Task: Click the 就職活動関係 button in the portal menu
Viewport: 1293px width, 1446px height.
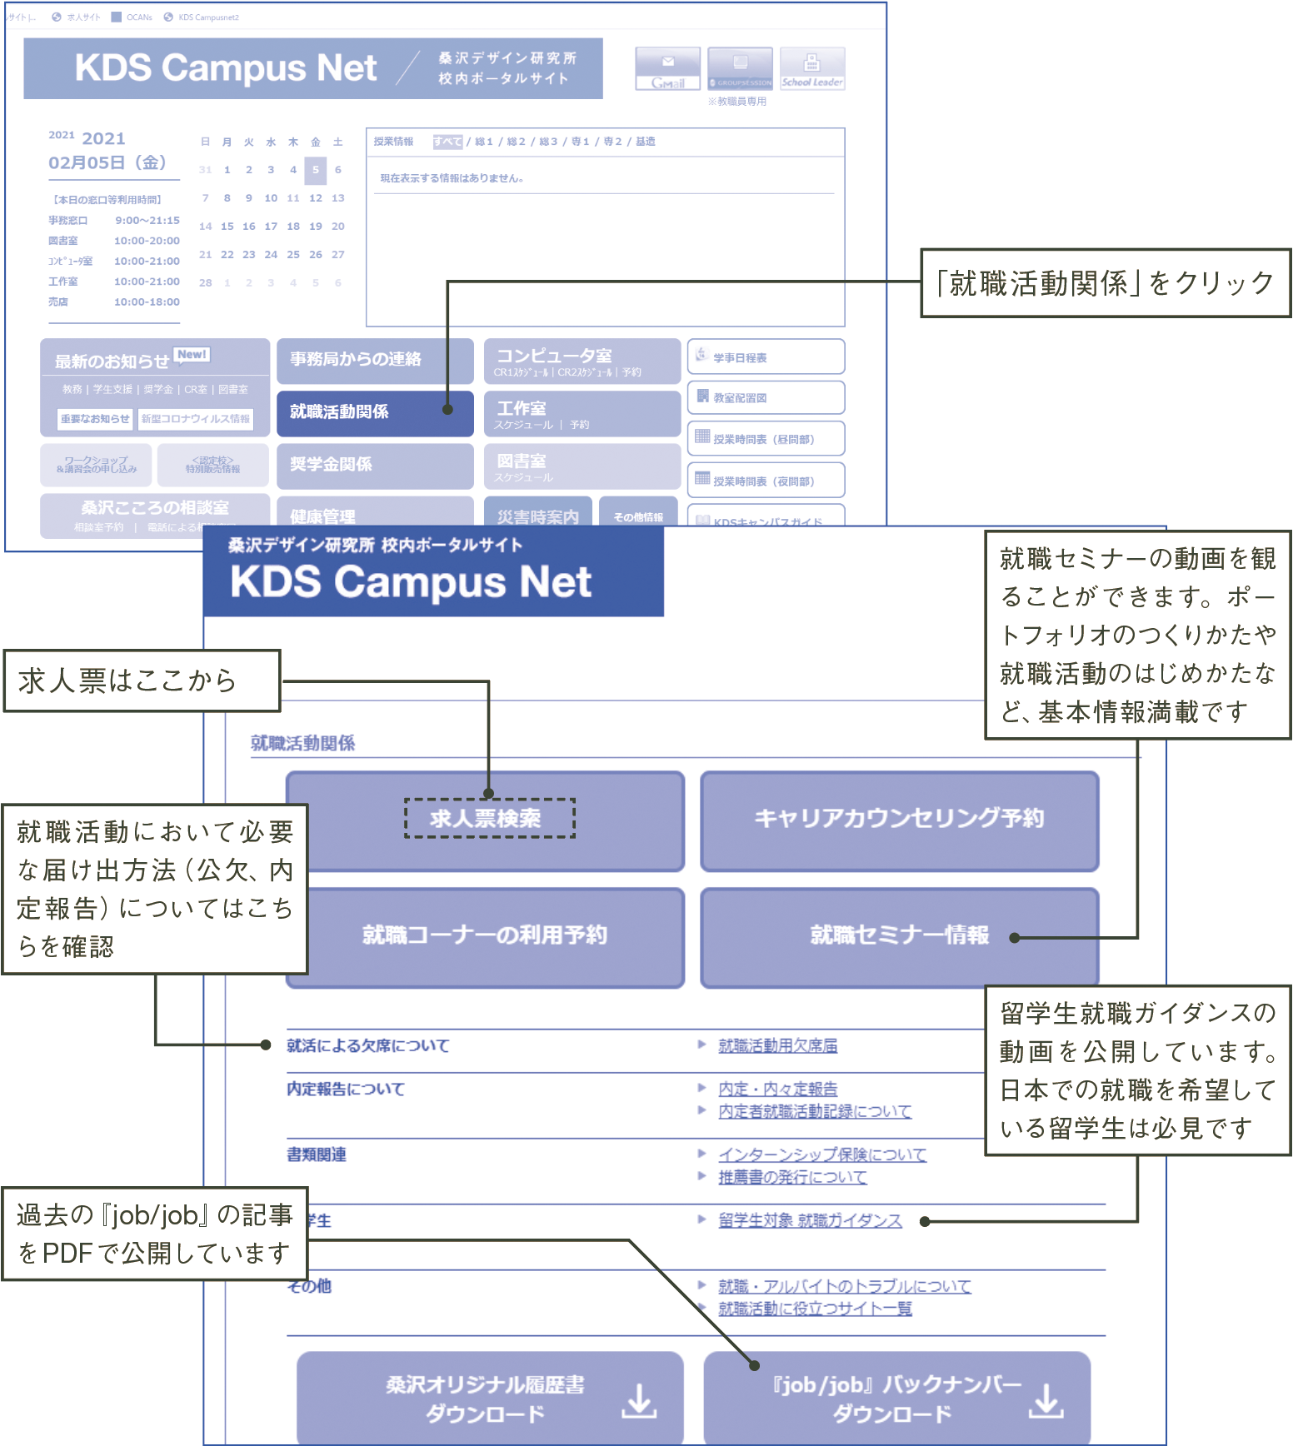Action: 374,412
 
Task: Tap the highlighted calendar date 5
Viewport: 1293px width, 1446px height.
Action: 315,170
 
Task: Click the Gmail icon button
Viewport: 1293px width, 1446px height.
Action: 667,68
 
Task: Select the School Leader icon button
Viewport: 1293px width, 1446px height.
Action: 812,68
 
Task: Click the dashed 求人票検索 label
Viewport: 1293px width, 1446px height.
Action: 489,818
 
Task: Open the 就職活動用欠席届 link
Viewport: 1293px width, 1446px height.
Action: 777,1046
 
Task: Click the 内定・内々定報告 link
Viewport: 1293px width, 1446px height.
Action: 777,1089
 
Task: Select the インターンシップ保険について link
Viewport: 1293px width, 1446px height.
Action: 821,1155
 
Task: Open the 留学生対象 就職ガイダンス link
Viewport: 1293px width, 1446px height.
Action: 810,1221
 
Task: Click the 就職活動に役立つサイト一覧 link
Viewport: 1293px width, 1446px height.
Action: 815,1309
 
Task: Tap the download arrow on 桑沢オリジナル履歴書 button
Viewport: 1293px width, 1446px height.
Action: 639,1401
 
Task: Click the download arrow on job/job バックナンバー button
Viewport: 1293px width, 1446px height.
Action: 1046,1401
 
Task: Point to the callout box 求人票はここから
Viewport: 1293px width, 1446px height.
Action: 142,681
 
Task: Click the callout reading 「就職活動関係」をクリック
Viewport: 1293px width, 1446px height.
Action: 1105,283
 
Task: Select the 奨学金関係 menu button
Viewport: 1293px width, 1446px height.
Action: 374,465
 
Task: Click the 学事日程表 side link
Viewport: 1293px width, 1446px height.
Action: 765,357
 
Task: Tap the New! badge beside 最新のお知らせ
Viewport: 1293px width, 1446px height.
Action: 192,355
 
